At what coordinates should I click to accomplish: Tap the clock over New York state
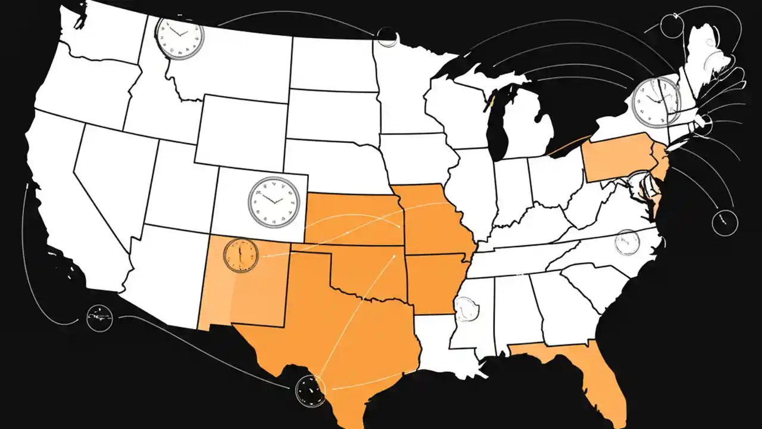pos(655,102)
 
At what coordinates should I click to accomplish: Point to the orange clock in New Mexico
pos(241,255)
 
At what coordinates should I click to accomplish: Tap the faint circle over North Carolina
pos(627,242)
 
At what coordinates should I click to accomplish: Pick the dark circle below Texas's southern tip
pos(310,391)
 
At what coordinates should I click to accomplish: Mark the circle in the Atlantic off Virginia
pos(724,222)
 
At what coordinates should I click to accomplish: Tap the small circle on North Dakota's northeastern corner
pos(387,37)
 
